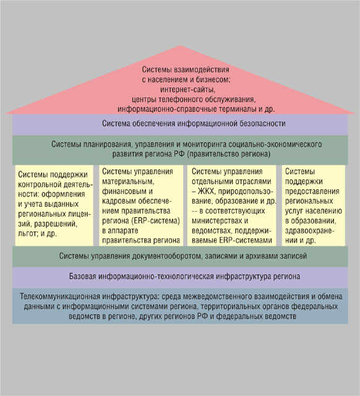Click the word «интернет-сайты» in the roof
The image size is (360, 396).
[188, 89]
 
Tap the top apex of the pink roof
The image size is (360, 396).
[180, 46]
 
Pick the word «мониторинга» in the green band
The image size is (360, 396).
[205, 144]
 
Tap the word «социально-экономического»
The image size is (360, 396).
[275, 144]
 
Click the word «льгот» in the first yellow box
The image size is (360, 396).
[27, 234]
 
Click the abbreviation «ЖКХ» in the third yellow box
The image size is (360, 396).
[207, 191]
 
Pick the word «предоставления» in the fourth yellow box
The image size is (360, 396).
[312, 191]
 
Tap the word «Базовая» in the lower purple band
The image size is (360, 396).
[83, 277]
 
